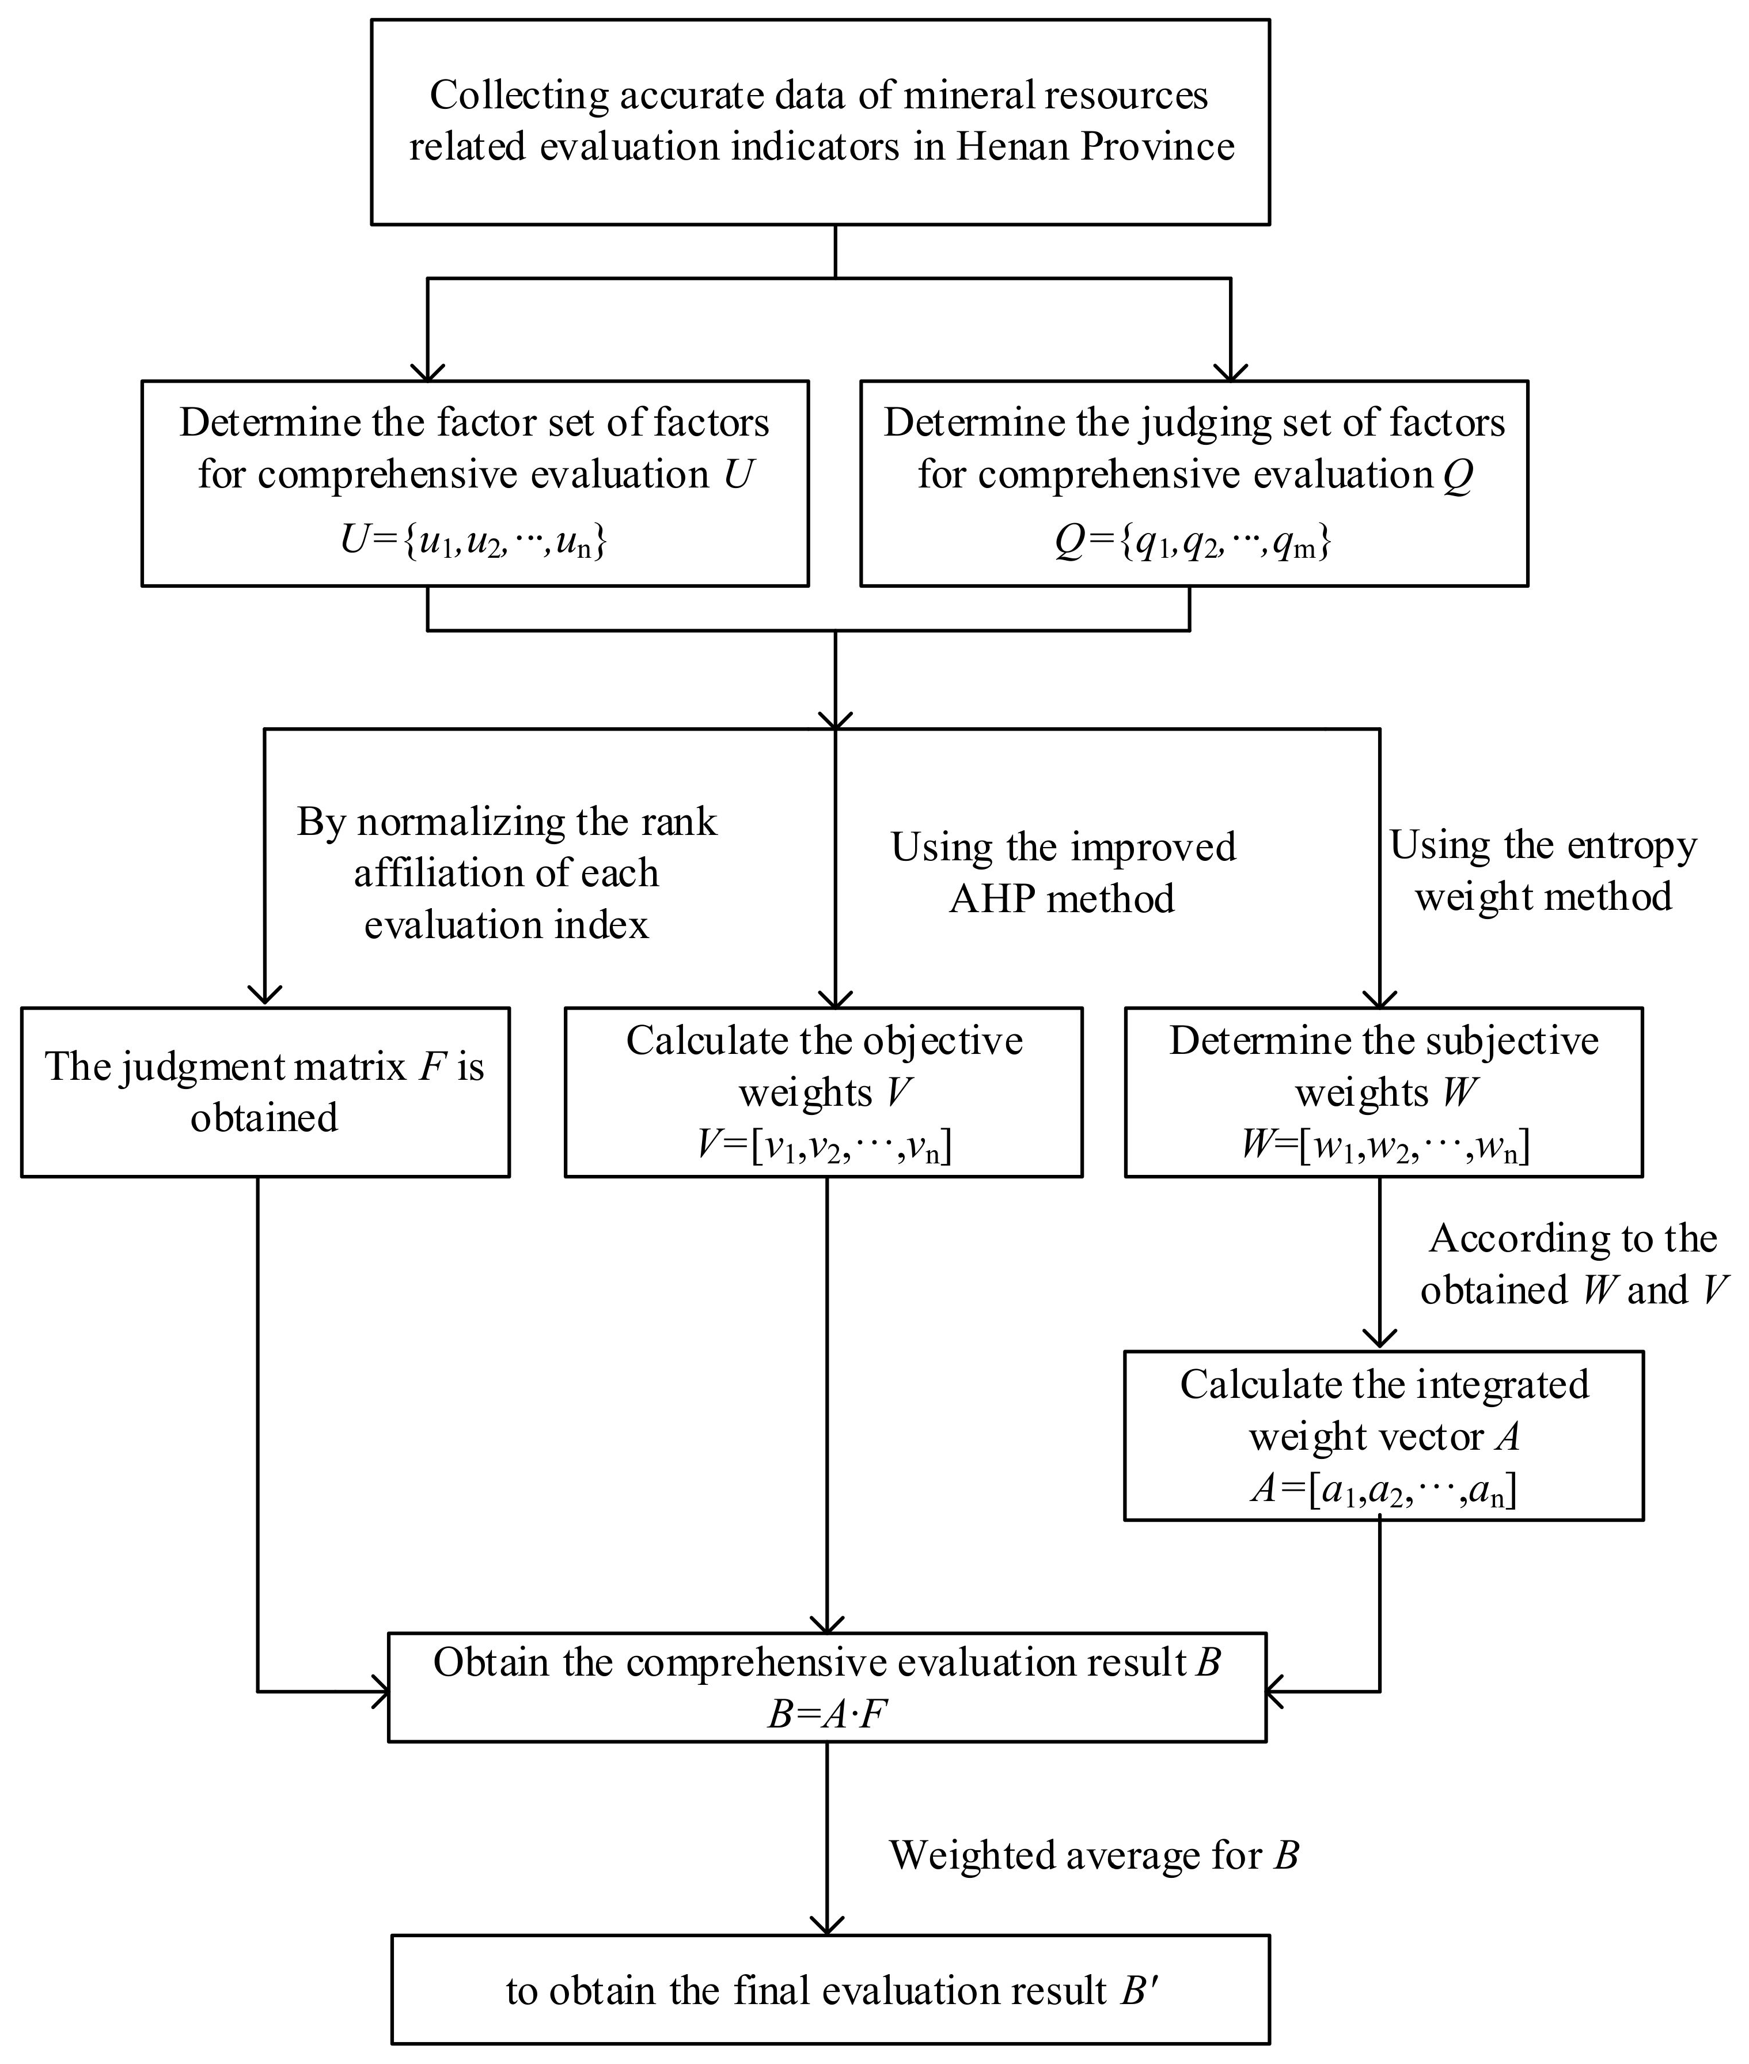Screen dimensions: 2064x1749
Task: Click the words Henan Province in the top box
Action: tap(1095, 148)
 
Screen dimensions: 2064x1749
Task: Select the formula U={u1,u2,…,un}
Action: tap(474, 542)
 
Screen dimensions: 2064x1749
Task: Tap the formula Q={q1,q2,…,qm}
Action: tap(1193, 542)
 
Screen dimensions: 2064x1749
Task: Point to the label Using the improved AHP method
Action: tap(1063, 873)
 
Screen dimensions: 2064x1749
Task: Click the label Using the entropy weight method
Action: tap(1543, 871)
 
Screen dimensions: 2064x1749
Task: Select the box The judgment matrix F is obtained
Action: tap(265, 1092)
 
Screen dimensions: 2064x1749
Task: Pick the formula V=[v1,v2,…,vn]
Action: tap(824, 1146)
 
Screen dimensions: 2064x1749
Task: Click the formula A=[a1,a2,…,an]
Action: tap(1383, 1490)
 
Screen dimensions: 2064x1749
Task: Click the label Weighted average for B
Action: tap(1094, 1855)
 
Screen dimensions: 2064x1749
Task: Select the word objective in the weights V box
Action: tap(942, 1041)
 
